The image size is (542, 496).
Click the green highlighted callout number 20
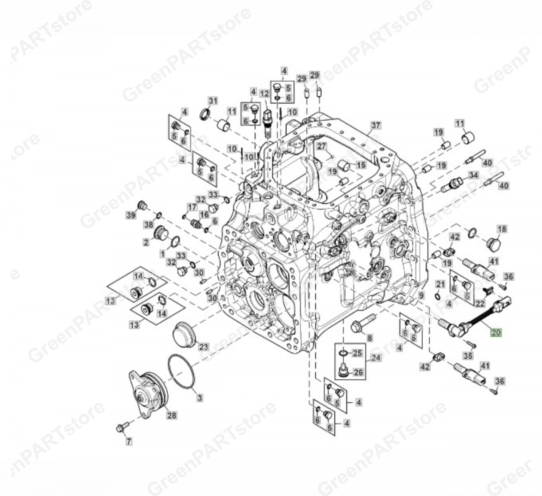(x=496, y=332)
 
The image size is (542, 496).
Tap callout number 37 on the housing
(x=376, y=125)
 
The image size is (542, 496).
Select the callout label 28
(x=172, y=415)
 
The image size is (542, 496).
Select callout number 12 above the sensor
(x=264, y=94)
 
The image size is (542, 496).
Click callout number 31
(x=213, y=101)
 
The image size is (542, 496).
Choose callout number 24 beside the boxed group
(x=375, y=358)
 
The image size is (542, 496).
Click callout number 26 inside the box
(x=358, y=372)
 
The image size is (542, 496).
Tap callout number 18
(x=502, y=229)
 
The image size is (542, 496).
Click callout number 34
(x=473, y=175)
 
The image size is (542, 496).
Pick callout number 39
(x=131, y=215)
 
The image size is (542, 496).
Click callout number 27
(x=322, y=146)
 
